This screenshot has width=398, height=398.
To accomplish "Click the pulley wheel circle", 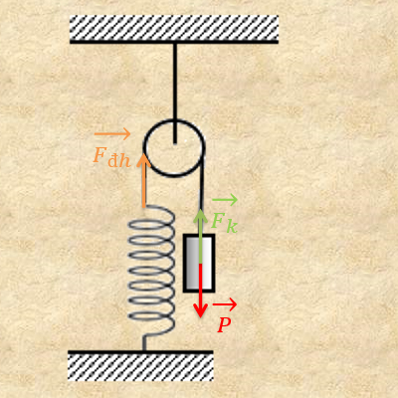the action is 143,147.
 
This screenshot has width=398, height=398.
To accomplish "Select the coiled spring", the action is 151,271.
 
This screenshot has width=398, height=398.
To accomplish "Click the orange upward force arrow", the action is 144,181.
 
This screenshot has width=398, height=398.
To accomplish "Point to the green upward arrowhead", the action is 200,216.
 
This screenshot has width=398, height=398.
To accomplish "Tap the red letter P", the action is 224,325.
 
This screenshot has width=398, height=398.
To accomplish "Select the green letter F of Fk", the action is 218,221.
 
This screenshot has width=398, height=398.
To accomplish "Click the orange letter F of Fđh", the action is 99,155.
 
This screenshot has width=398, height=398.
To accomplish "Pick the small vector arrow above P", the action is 225,304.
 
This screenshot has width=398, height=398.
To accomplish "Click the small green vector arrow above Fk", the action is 225,200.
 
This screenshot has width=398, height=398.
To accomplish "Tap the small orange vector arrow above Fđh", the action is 112,134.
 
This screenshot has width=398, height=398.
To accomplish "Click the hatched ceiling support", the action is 174,29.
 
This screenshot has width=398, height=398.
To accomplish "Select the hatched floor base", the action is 140,365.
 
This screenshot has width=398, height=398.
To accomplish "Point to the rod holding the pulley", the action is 175,94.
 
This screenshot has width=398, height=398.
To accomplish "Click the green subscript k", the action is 232,226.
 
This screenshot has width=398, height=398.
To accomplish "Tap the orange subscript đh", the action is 119,160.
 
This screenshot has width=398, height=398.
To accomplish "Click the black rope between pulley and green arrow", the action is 202,183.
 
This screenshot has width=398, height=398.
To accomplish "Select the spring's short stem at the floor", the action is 144,343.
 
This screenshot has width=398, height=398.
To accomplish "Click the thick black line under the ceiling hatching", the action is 174,42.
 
